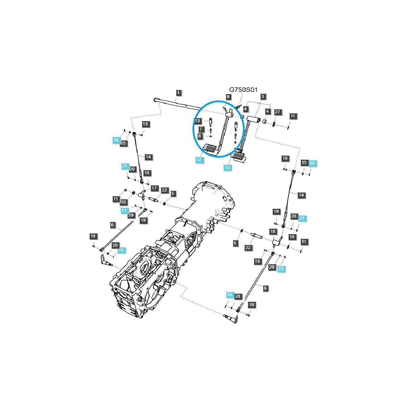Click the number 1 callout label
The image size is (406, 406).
178,92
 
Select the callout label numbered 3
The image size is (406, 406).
263,96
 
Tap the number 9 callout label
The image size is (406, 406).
228,97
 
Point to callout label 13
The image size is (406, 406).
198,121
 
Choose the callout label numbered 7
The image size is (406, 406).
200,129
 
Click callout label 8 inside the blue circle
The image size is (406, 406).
200,136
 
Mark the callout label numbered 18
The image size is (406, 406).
273,231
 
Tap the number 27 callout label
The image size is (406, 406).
277,112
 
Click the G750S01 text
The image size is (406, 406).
243,90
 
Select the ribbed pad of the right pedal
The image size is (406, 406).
238,155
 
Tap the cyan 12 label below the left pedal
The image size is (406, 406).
199,160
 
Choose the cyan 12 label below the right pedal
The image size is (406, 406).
227,167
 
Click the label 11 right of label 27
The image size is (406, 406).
293,116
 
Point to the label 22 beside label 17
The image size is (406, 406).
164,190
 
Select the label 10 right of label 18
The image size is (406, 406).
292,237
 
